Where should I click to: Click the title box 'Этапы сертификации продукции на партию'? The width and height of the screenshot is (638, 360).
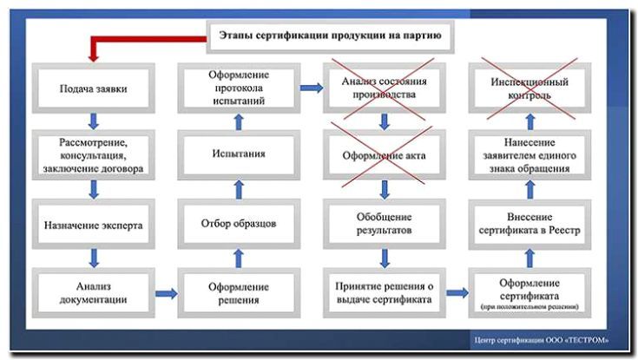[329, 37]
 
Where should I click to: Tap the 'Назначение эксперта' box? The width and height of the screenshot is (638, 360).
[92, 225]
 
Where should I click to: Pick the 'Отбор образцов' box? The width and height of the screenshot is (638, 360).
[236, 224]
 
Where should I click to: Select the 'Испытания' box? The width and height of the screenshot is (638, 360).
[236, 154]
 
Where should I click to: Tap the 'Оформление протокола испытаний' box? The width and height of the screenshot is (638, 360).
[236, 88]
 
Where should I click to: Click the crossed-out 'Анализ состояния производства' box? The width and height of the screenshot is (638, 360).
[383, 88]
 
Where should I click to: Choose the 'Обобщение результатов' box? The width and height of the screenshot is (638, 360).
[383, 224]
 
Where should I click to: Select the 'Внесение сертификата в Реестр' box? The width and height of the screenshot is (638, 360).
[529, 224]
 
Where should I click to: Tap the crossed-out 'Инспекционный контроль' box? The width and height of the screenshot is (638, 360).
[529, 88]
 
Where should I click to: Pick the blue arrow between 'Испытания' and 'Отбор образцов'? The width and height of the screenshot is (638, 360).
[236, 188]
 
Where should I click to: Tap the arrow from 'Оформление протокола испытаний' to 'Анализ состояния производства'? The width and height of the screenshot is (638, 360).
[309, 88]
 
